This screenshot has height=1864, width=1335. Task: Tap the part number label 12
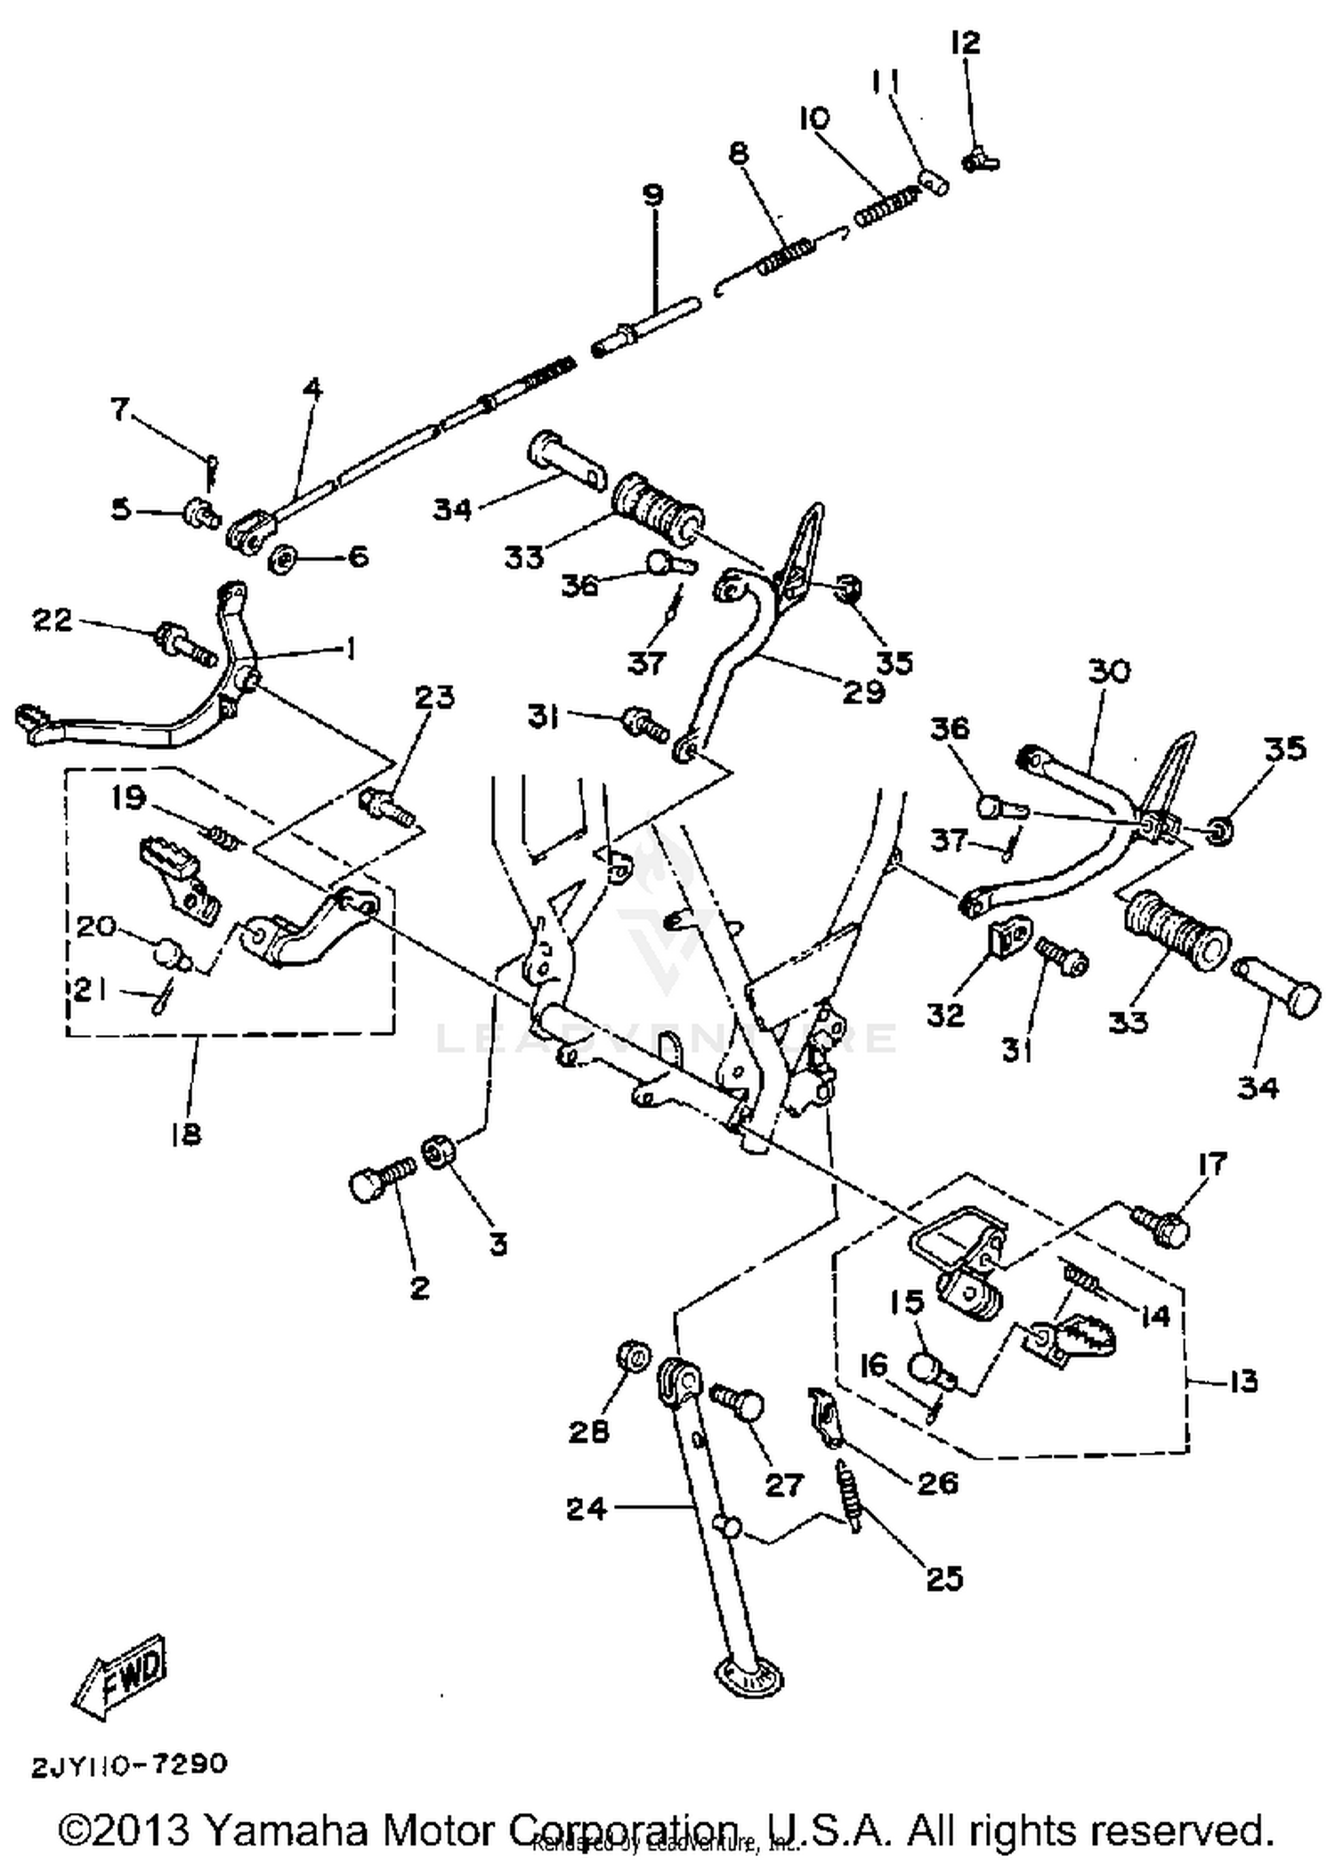(x=965, y=43)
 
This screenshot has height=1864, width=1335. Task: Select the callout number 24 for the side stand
(x=587, y=1508)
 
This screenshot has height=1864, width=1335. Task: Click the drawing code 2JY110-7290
(x=130, y=1764)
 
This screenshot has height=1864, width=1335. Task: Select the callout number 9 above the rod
(x=652, y=195)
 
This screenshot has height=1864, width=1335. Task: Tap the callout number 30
(x=1108, y=671)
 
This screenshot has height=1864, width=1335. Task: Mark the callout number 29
(x=863, y=691)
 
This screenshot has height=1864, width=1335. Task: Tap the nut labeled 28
(x=632, y=1358)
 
